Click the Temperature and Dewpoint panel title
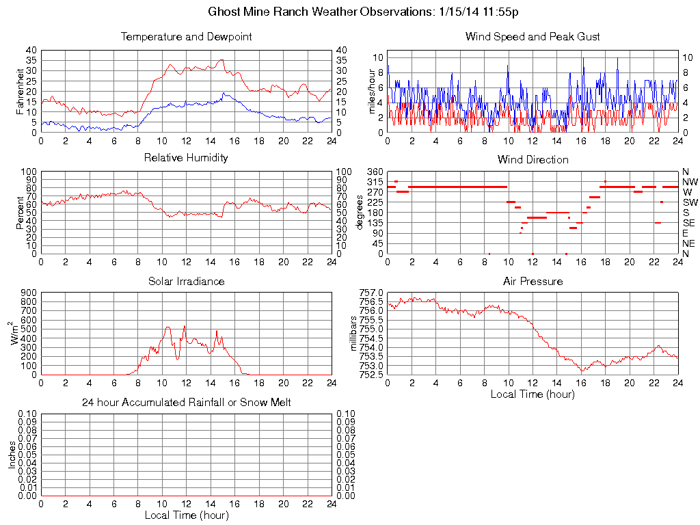pyautogui.click(x=186, y=36)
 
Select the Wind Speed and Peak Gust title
pyautogui.click(x=533, y=36)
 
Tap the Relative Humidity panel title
pyautogui.click(x=186, y=158)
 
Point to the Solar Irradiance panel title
pyautogui.click(x=186, y=281)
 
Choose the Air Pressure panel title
pyautogui.click(x=533, y=281)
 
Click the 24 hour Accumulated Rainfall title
pyautogui.click(x=186, y=403)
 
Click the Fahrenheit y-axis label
pyautogui.click(x=20, y=91)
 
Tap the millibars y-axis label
pyautogui.click(x=354, y=333)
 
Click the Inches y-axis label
pyautogui.click(x=12, y=455)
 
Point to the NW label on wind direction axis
pyautogui.click(x=690, y=182)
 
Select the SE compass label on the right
pyautogui.click(x=689, y=223)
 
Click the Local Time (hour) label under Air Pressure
pyautogui.click(x=533, y=394)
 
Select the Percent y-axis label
pyautogui.click(x=20, y=213)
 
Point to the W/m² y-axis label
pyautogui.click(x=15, y=333)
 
